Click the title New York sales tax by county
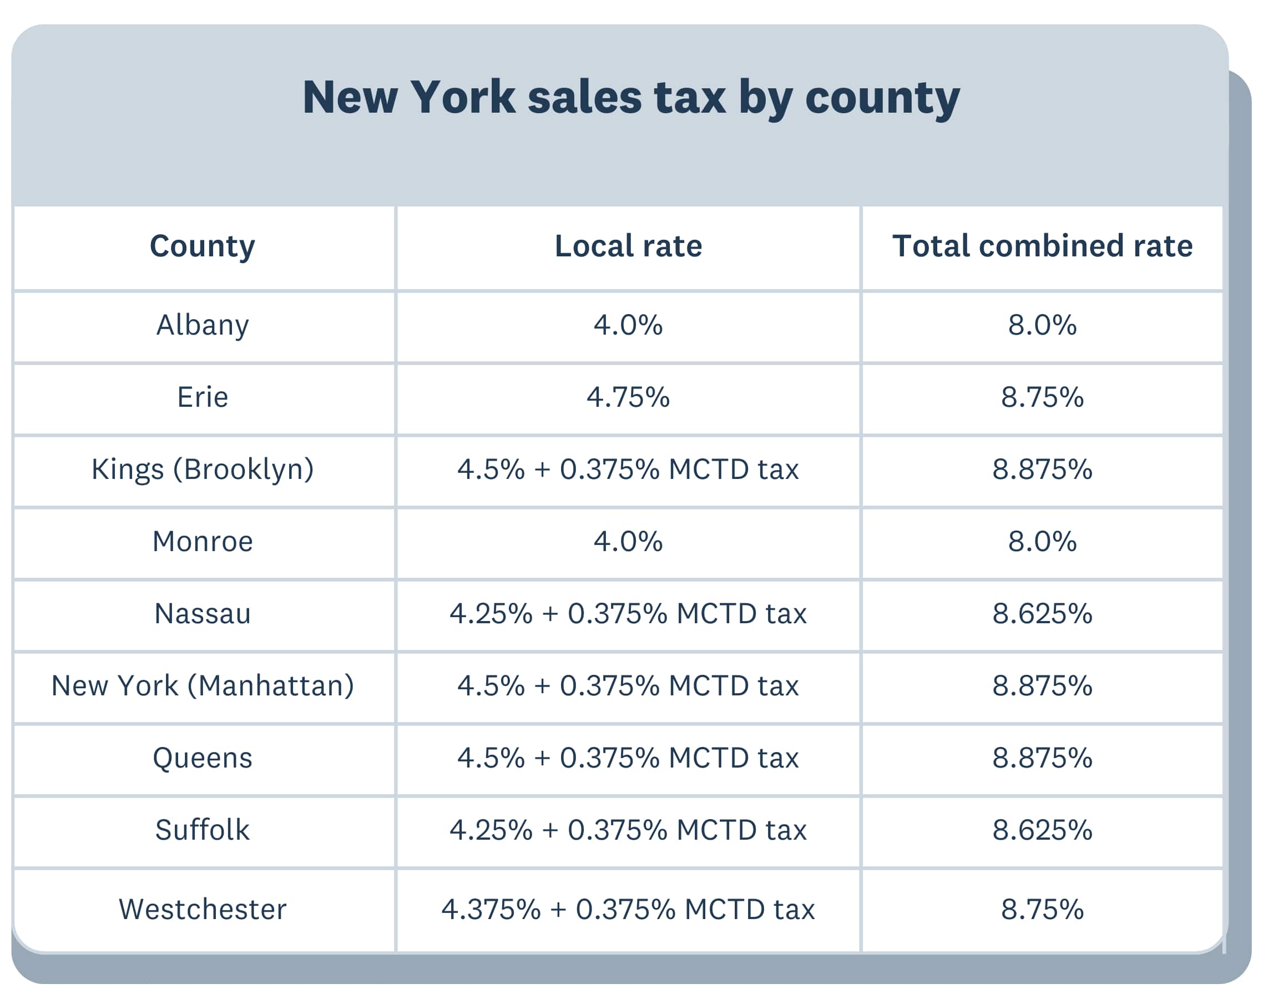[631, 97]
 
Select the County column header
[203, 246]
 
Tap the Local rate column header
[628, 246]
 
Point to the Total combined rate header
[1042, 246]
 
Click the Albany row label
[203, 325]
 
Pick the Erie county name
[203, 397]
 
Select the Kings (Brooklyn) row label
[203, 469]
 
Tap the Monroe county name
[203, 542]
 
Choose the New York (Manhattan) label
[203, 685]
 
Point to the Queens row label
[203, 758]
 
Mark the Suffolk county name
[203, 830]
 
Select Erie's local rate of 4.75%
[628, 397]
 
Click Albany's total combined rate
[1042, 325]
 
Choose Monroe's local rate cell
[628, 542]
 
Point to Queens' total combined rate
[1042, 758]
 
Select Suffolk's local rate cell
[628, 830]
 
